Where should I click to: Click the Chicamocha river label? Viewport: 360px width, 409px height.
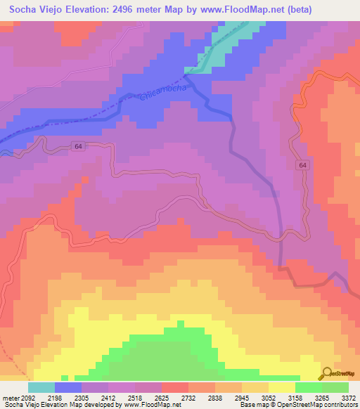164,93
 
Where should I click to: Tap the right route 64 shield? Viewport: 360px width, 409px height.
302,164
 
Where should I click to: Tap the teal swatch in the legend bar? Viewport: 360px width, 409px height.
41,387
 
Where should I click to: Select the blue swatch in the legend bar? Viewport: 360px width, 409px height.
68,387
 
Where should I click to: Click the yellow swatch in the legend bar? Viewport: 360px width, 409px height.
282,387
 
